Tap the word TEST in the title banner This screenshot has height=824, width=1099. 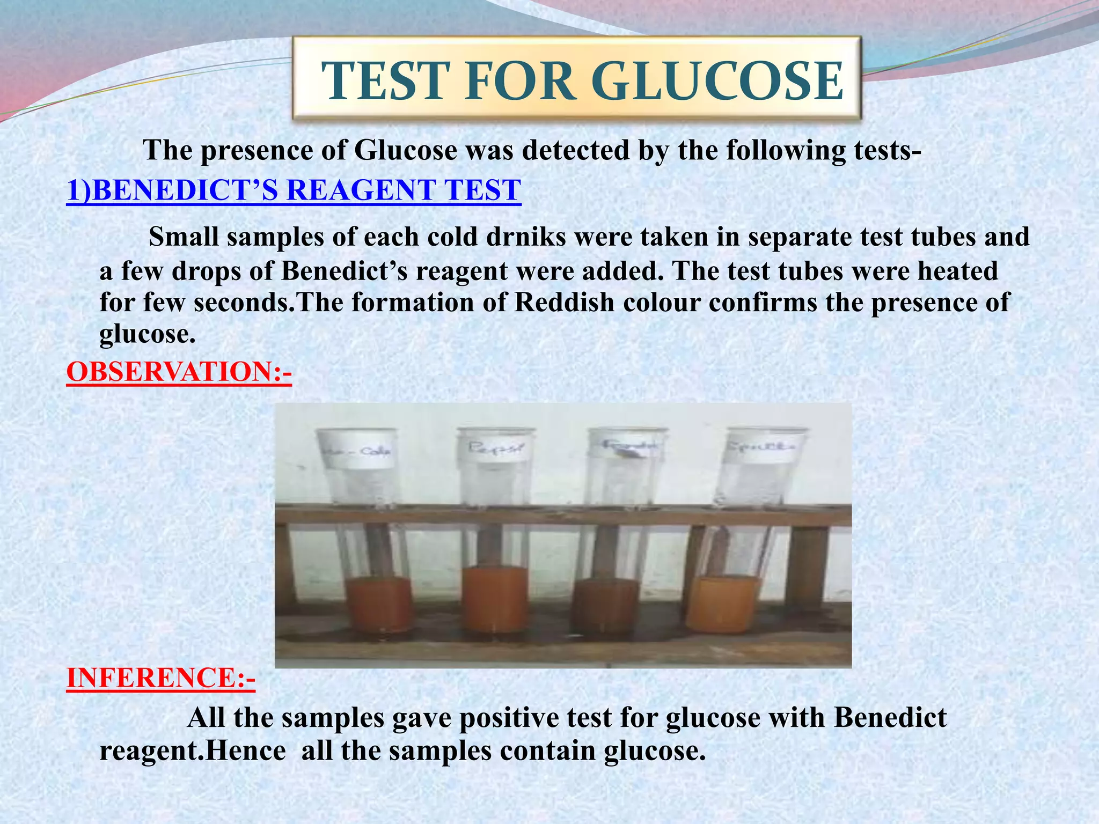[384, 82]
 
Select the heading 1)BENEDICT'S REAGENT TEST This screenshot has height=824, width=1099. [294, 190]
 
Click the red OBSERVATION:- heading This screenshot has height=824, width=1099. [179, 372]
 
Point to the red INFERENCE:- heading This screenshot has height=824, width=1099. [160, 678]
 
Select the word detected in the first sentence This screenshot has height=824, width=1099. [575, 150]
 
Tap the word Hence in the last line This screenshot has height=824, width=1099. [246, 751]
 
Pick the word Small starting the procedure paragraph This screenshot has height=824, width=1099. [182, 237]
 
